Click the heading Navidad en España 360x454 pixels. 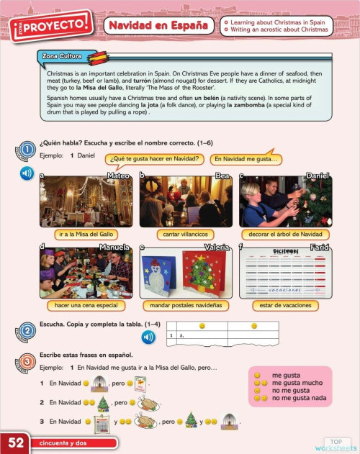(159, 26)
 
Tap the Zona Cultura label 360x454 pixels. (63, 56)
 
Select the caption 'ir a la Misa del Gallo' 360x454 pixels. (86, 235)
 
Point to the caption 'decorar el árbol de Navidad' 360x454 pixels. (285, 235)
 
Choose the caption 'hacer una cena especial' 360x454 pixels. (86, 305)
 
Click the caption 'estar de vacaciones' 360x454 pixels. (285, 305)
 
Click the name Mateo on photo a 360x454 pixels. (118, 176)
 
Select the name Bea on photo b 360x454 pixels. (222, 176)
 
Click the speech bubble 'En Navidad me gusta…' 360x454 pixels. (246, 159)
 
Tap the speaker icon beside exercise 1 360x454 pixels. (26, 173)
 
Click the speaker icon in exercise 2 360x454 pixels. (148, 337)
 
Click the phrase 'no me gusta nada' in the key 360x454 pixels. (299, 398)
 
